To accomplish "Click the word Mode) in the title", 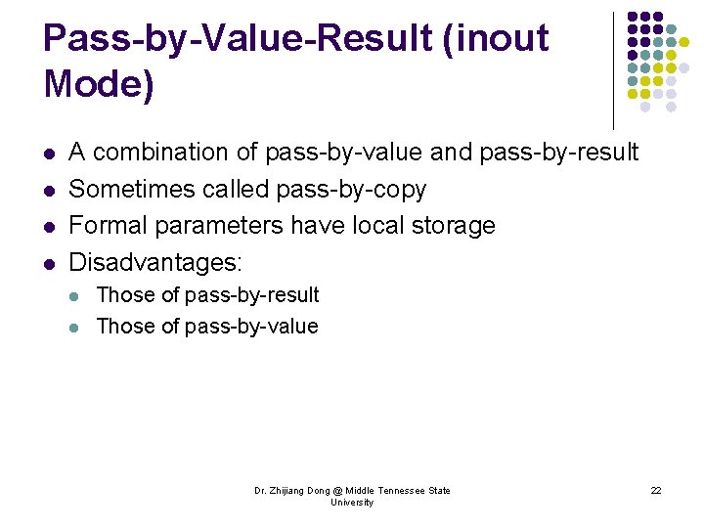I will (x=99, y=85).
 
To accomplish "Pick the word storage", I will (x=450, y=226).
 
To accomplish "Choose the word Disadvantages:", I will (x=155, y=262).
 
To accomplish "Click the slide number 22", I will (x=656, y=490).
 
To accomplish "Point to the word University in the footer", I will (x=352, y=503).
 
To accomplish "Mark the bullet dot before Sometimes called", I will (x=50, y=190).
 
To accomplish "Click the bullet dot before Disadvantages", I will (x=50, y=263).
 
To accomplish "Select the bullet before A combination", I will (x=50, y=154).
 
